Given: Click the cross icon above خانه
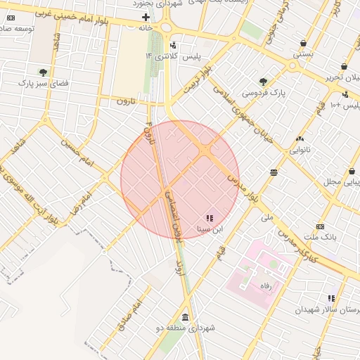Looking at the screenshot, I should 146,17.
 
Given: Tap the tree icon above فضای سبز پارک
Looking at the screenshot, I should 44,72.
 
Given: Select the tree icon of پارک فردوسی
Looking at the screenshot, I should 264,82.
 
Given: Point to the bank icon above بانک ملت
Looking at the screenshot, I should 320,226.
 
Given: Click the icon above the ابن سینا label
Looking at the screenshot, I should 210,218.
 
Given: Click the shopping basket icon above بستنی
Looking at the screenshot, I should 302,43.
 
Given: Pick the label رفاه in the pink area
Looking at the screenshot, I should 267,285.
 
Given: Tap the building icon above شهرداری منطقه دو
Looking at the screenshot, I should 185,316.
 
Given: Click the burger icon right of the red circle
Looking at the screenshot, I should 273,172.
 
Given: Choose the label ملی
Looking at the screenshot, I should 266,218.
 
